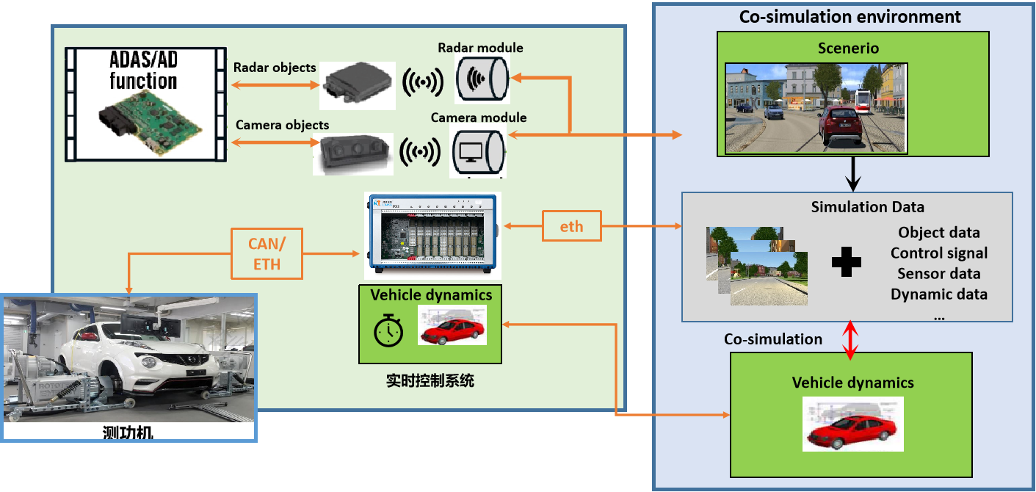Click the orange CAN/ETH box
click(x=267, y=254)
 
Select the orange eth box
click(x=571, y=226)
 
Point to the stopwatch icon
click(x=388, y=331)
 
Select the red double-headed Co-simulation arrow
click(x=850, y=340)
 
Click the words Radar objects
click(x=275, y=68)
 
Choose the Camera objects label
click(x=282, y=125)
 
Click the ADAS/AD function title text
click(x=144, y=70)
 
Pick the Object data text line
click(x=938, y=233)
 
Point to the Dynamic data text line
click(x=938, y=294)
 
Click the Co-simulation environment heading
click(x=850, y=16)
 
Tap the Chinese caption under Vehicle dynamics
click(x=430, y=381)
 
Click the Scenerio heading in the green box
click(x=848, y=48)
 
